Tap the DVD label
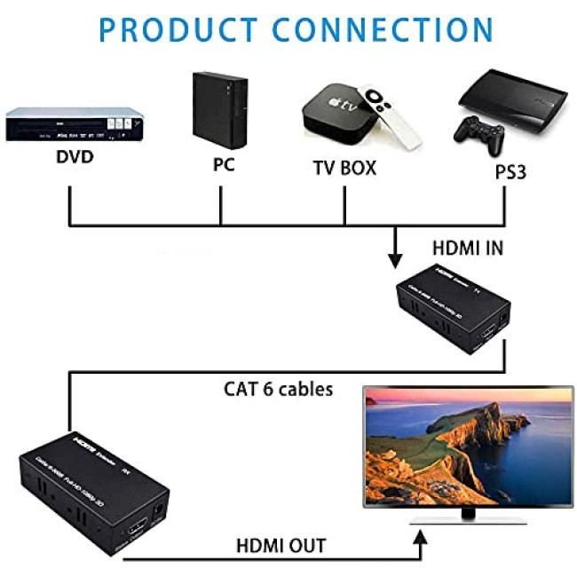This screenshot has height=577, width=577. tap(75, 158)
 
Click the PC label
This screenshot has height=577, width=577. tap(223, 164)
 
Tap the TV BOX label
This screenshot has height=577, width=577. tap(344, 167)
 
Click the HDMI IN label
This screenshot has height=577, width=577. tap(468, 249)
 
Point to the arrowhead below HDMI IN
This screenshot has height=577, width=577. tap(395, 261)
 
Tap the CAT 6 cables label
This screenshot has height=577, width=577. tap(278, 388)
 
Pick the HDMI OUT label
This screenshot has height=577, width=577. tap(281, 545)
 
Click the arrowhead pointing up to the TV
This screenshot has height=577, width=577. tap(423, 535)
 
